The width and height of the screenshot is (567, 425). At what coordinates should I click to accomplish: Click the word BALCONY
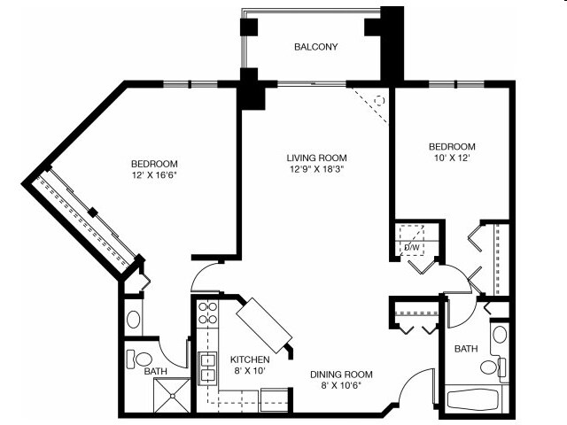(x=315, y=47)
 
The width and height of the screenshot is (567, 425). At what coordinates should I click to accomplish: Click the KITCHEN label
(x=249, y=359)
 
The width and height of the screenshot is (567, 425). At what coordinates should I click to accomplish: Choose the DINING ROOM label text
(x=341, y=374)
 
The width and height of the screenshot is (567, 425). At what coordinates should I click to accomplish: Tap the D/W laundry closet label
(x=411, y=247)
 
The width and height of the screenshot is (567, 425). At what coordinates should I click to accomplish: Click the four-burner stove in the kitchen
(x=207, y=314)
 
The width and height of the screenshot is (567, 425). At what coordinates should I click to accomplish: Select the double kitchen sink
(x=207, y=368)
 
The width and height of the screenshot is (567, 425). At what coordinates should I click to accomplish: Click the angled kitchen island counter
(x=264, y=325)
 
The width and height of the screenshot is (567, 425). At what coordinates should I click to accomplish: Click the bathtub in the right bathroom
(x=475, y=398)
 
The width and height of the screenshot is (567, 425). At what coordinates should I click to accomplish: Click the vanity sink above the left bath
(x=133, y=319)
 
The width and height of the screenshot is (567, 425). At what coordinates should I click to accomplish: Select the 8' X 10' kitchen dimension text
(x=249, y=372)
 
